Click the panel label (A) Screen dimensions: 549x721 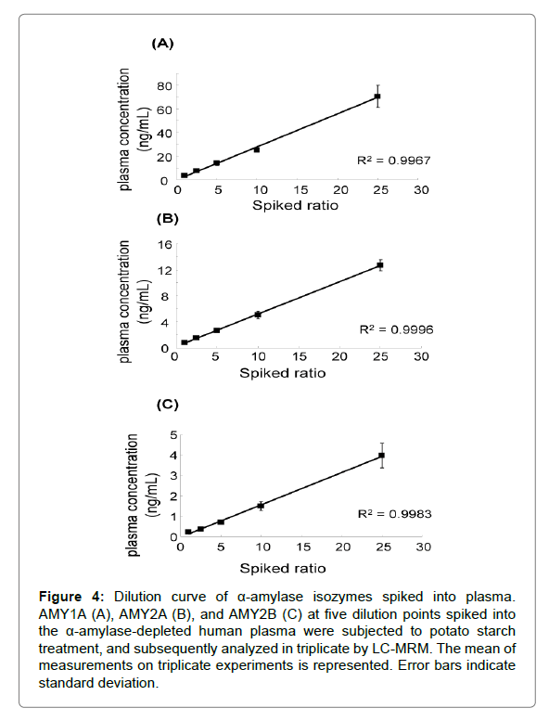162,44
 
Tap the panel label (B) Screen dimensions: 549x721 167,218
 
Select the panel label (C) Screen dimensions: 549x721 167,405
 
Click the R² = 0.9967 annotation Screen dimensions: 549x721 394,160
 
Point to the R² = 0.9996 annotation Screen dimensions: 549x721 396,329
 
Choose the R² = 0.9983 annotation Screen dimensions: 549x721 395,513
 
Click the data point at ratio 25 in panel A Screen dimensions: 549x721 377,97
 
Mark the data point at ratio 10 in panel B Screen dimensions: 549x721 258,315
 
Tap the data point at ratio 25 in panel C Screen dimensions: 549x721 382,456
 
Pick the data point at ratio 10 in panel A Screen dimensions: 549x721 257,149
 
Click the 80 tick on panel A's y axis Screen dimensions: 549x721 165,85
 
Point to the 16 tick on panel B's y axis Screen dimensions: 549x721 164,244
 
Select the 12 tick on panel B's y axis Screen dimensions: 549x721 164,270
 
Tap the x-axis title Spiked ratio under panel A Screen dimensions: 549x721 295,205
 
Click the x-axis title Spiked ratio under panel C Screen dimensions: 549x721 283,568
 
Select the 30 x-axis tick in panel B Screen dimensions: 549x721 421,356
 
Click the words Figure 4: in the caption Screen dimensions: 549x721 71,597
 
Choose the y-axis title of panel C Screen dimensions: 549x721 141,496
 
